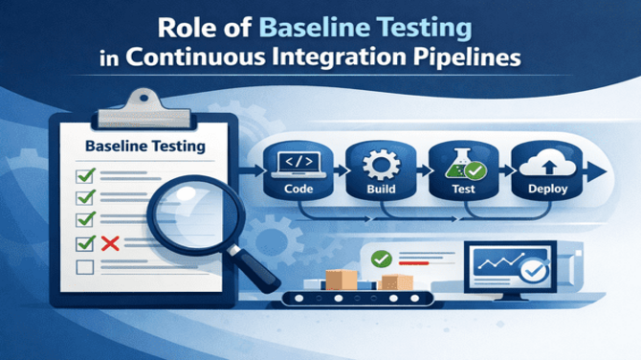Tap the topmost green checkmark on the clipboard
(x=84, y=174)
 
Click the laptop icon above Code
(x=293, y=164)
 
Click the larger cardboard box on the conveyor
(x=341, y=279)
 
